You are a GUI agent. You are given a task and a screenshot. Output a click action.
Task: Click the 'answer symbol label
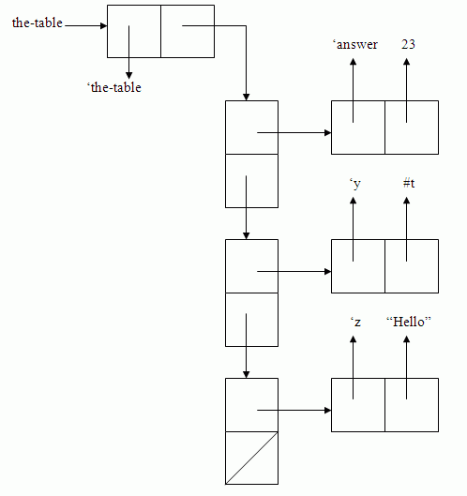(355, 45)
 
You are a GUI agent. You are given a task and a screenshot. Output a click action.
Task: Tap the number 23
(408, 44)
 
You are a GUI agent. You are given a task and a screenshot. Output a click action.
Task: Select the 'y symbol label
(355, 184)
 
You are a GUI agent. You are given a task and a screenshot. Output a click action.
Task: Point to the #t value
(409, 183)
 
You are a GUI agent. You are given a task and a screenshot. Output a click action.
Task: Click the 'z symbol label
(355, 322)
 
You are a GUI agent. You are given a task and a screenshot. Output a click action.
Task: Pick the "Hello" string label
(409, 322)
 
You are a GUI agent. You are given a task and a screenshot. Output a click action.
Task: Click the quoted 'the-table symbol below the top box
(113, 87)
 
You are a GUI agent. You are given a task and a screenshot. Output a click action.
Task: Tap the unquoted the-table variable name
(38, 23)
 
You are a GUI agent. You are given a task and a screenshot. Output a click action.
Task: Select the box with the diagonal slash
(251, 458)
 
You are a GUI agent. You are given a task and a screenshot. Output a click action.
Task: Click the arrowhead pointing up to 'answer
(354, 62)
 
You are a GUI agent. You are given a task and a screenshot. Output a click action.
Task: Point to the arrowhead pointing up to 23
(407, 62)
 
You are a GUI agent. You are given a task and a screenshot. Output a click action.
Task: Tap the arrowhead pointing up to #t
(407, 201)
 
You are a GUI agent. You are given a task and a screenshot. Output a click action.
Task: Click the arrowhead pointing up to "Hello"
(407, 339)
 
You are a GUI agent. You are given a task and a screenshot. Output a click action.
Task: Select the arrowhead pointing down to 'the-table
(128, 75)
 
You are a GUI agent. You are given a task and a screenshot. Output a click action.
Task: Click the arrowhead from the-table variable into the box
(103, 25)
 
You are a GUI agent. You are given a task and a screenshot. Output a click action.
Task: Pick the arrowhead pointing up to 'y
(354, 201)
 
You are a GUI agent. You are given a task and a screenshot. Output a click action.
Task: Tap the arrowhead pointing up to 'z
(354, 339)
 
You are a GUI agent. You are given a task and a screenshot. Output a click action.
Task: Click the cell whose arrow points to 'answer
(358, 128)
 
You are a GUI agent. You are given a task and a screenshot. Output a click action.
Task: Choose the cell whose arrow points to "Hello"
(412, 405)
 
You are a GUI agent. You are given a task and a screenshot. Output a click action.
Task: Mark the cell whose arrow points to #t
(412, 266)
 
